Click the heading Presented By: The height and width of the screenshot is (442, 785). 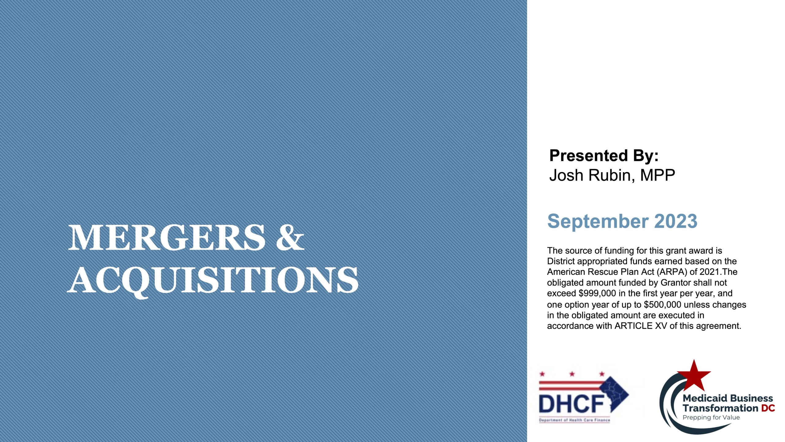pos(604,156)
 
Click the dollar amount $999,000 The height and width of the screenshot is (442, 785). pos(597,293)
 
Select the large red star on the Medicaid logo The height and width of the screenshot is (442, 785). pos(694,375)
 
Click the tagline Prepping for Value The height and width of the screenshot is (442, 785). pos(711,417)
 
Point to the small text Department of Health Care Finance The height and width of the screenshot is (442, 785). pos(574,420)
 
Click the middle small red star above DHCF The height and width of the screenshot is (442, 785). pos(572,374)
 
